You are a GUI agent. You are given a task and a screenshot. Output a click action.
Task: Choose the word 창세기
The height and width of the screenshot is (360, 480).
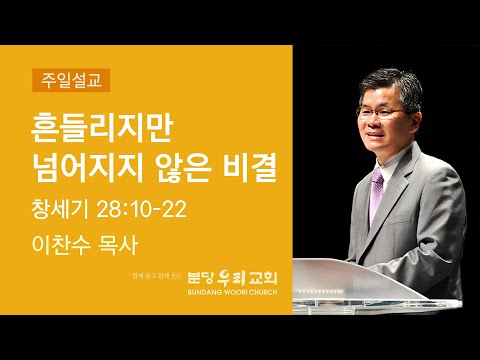[x=60, y=210]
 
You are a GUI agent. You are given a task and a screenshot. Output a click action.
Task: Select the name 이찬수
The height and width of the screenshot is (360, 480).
[x=60, y=243]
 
